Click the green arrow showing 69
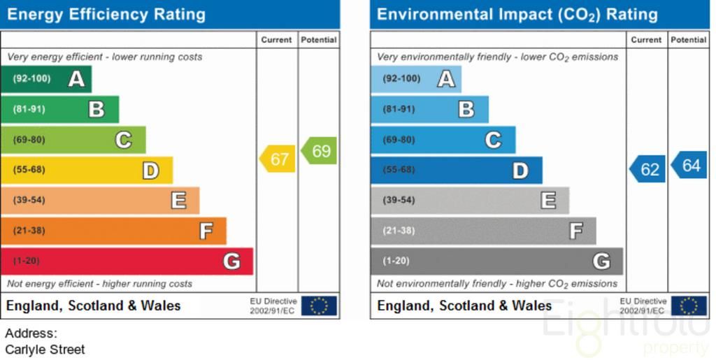click(x=320, y=151)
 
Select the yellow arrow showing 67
click(x=278, y=159)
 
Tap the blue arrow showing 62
click(x=648, y=169)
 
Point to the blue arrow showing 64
click(x=689, y=166)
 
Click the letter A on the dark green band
click(x=76, y=79)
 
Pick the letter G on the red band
click(x=231, y=261)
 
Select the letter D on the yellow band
click(x=151, y=170)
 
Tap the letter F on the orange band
click(x=206, y=231)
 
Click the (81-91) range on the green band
click(x=29, y=109)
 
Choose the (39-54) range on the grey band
click(x=399, y=201)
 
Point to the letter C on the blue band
click(x=493, y=140)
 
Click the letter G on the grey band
click(x=601, y=261)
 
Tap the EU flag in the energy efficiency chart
click(x=319, y=305)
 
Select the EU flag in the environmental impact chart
click(x=689, y=305)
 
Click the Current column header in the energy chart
click(x=276, y=40)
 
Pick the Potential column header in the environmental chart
click(x=688, y=40)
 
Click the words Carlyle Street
click(x=45, y=350)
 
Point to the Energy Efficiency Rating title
click(x=106, y=15)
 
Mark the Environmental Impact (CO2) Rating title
click(x=517, y=15)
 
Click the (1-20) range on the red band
click(x=27, y=261)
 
